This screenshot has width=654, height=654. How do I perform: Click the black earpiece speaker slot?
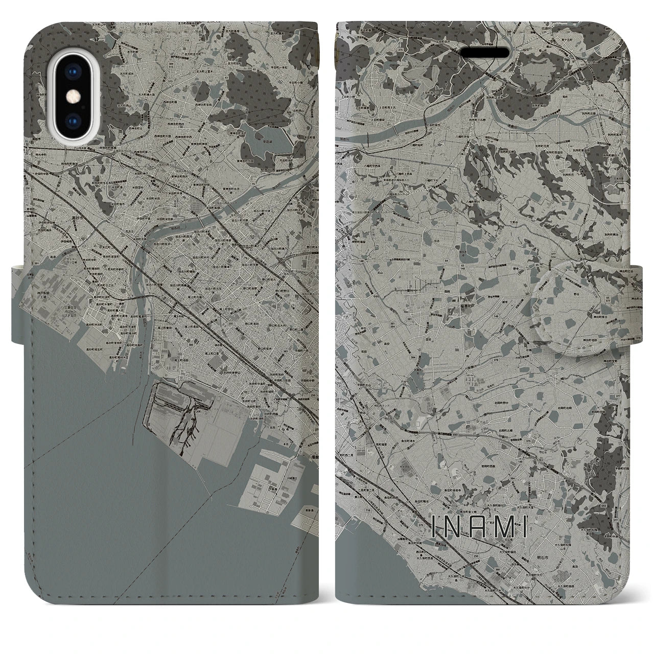click(x=485, y=53)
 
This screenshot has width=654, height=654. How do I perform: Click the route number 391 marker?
click(x=36, y=263)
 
